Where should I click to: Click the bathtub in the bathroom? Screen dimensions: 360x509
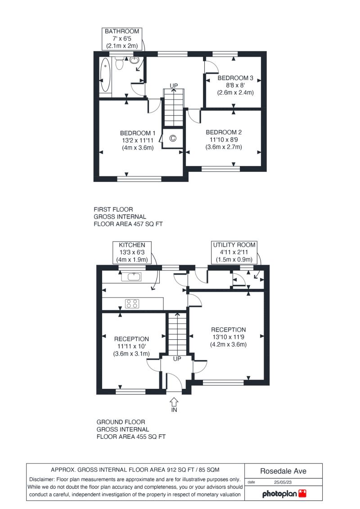pyautogui.click(x=105, y=75)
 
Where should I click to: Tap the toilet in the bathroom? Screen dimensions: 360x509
pyautogui.click(x=119, y=63)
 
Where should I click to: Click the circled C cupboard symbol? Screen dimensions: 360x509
pyautogui.click(x=173, y=139)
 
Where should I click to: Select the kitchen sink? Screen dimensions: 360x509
pyautogui.click(x=131, y=277)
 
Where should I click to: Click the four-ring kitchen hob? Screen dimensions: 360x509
pyautogui.click(x=132, y=303)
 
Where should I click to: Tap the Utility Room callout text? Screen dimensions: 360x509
pyautogui.click(x=234, y=252)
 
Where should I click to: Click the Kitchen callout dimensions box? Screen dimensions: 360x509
pyautogui.click(x=132, y=252)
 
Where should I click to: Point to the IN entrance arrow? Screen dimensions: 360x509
pyautogui.click(x=174, y=402)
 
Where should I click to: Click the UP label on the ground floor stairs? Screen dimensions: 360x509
pyautogui.click(x=177, y=359)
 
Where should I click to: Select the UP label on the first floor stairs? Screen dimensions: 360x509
pyautogui.click(x=174, y=86)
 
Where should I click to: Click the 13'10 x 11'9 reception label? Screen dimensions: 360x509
pyautogui.click(x=229, y=337)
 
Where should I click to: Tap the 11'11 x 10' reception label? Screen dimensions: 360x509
pyautogui.click(x=131, y=347)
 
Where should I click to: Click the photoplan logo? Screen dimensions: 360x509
pyautogui.click(x=284, y=494)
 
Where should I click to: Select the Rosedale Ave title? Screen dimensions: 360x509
pyautogui.click(x=283, y=471)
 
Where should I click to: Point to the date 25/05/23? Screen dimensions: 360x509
pyautogui.click(x=283, y=482)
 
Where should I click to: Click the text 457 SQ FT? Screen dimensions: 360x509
pyautogui.click(x=148, y=224)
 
